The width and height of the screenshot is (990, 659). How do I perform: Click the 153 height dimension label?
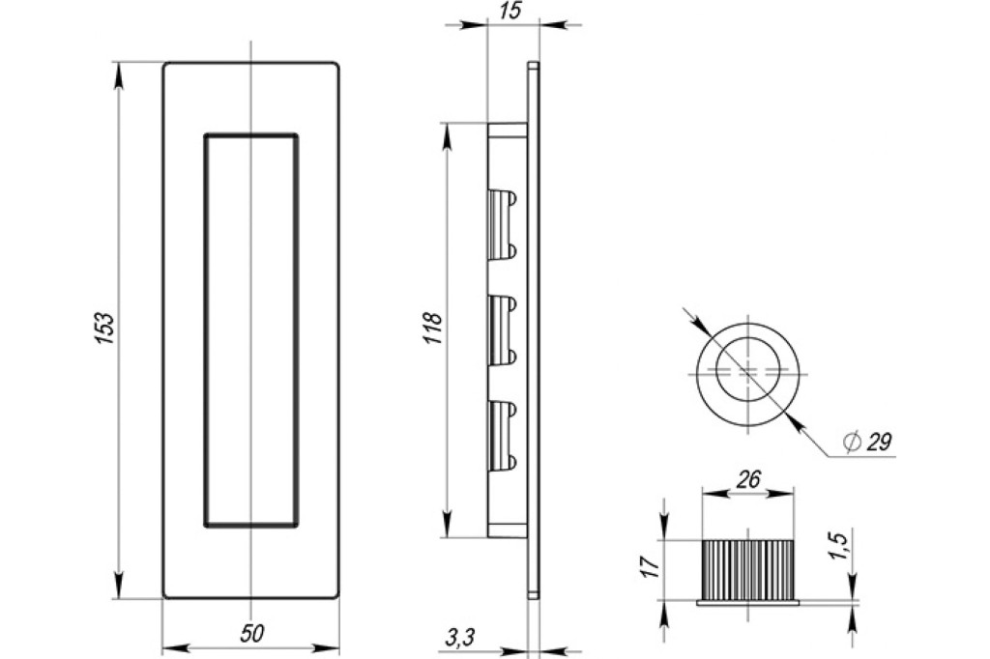coord(104,329)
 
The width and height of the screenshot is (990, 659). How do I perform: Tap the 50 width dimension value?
coord(252,633)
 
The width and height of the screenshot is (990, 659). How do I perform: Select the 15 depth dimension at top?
coord(512,11)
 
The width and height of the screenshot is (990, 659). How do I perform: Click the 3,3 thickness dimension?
coord(459,638)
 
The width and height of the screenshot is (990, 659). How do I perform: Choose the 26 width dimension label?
coord(748,479)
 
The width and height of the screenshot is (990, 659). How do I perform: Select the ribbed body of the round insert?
coord(747,569)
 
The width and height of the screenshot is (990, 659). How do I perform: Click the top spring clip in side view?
coord(503,224)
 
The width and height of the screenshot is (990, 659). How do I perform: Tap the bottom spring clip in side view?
coord(503,436)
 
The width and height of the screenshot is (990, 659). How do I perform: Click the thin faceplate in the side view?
coord(534,329)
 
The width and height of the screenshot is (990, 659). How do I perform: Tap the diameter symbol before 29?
coord(851,442)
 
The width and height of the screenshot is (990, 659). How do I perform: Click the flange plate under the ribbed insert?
coord(747,602)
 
